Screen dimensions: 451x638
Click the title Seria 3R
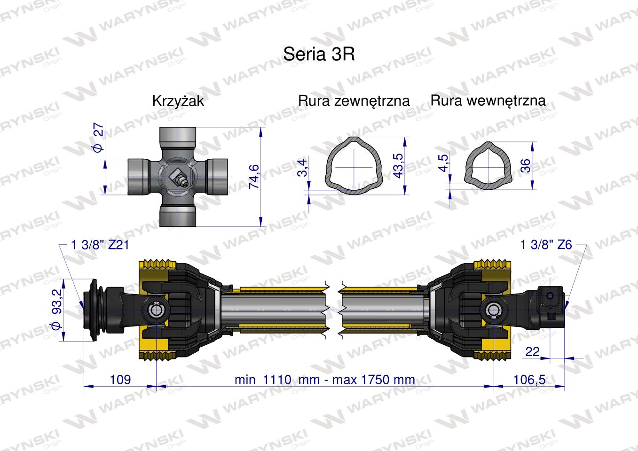pos(319,54)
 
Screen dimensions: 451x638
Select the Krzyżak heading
pos(178,101)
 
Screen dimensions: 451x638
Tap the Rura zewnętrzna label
pos(354,101)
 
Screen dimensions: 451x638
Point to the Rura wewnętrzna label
pos(488,100)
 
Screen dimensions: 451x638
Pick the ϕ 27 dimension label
pos(98,137)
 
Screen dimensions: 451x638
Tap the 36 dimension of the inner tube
pos(526,165)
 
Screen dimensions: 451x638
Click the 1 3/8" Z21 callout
pos(100,245)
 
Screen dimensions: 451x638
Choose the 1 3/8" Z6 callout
pos(546,245)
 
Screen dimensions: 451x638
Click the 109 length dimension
pos(120,379)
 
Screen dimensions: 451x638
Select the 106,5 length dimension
pos(529,379)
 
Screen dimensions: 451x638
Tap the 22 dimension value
pos(532,352)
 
